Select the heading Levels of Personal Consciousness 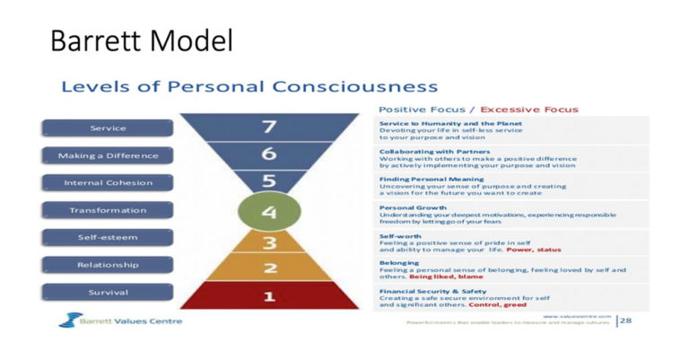pos(249,87)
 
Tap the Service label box pos(108,128)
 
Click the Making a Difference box pos(108,155)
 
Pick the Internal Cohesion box pos(108,183)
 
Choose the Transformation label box pos(108,210)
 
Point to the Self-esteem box pos(108,238)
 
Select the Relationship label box pos(108,265)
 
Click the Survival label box pos(108,293)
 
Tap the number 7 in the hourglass pos(268,127)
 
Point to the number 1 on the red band pos(268,295)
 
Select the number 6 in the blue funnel pos(268,154)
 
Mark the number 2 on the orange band pos(268,268)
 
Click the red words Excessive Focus pos(530,110)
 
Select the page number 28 pos(625,319)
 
